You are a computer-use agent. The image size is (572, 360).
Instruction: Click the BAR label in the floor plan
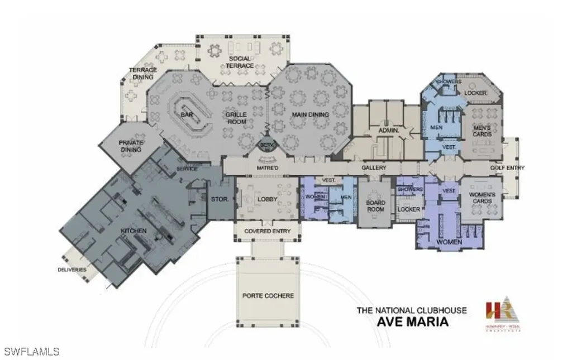tap(187, 115)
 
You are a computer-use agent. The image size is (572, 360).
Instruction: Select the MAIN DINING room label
tap(310, 115)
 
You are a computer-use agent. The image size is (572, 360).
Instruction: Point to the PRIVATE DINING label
tap(131, 146)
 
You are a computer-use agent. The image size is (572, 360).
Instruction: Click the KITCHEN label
tap(135, 231)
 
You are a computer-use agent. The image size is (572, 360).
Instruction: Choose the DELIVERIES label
tap(72, 270)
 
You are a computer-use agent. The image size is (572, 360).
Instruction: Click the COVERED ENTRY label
tap(266, 231)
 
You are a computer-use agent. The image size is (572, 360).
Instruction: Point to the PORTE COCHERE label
tap(268, 295)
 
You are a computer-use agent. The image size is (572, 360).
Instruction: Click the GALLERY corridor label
tap(374, 167)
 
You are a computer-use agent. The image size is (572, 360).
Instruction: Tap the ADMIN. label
tap(388, 130)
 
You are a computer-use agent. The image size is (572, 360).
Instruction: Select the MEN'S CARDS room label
tap(482, 131)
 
